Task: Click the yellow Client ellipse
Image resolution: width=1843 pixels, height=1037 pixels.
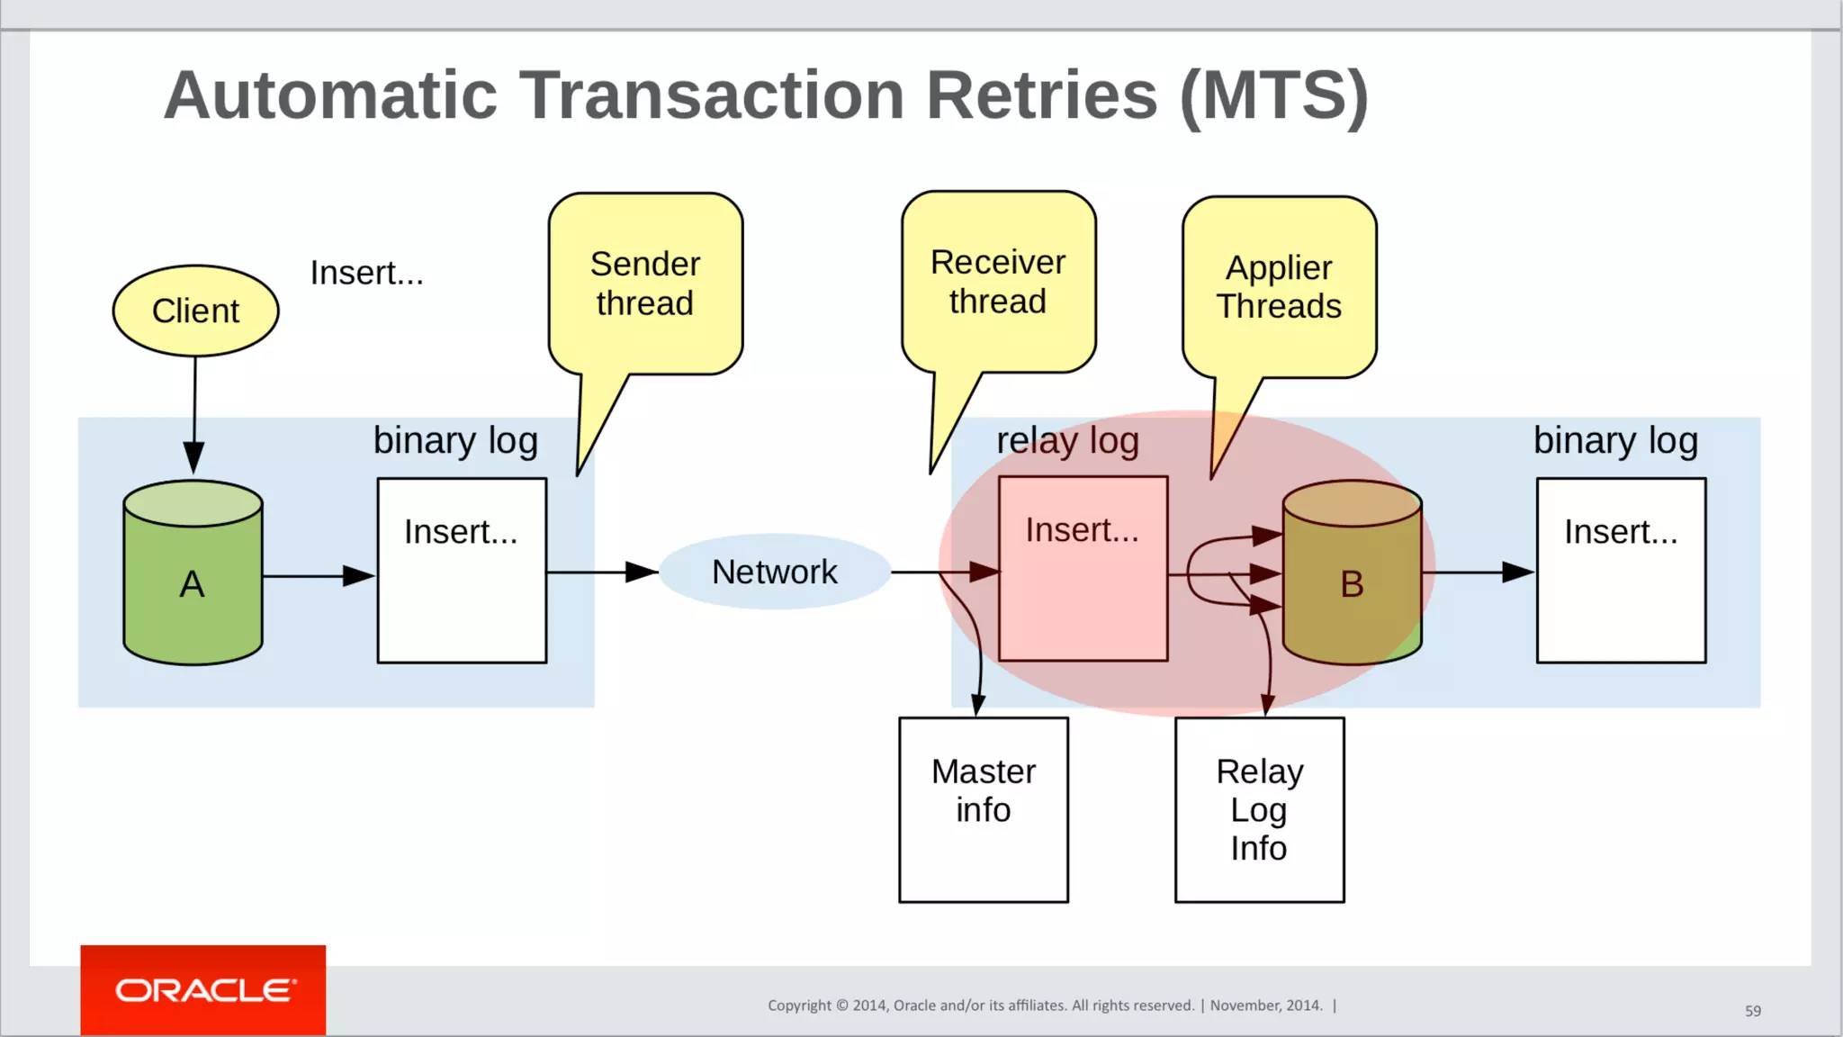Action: click(x=195, y=311)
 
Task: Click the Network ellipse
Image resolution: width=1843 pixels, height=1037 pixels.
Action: click(x=775, y=572)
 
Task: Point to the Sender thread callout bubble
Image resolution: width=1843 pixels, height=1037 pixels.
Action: click(x=645, y=284)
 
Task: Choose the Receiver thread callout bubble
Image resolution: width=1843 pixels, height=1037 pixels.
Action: click(x=998, y=282)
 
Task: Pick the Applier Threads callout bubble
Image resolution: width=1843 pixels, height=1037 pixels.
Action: click(x=1279, y=287)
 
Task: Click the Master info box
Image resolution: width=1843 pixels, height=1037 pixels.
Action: click(x=984, y=809)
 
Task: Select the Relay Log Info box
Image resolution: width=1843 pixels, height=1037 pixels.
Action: click(x=1259, y=809)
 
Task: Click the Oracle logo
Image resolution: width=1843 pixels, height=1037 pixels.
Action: click(x=203, y=990)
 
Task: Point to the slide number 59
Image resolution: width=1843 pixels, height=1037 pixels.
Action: click(x=1752, y=1011)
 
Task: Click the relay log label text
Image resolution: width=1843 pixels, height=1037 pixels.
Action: click(x=1067, y=441)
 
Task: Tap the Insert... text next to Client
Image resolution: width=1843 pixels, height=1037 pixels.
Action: click(x=366, y=273)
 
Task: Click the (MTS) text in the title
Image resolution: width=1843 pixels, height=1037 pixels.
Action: click(x=1274, y=95)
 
